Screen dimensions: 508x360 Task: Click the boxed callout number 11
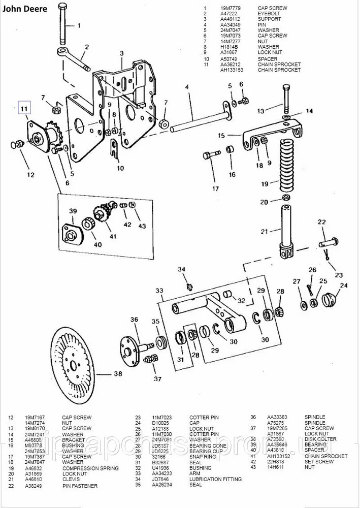coord(23,108)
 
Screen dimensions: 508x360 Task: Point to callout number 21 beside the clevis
coord(264,231)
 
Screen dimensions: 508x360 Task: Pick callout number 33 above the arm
coord(159,291)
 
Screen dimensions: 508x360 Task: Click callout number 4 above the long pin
coord(187,87)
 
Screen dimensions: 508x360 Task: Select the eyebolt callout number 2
coord(87,47)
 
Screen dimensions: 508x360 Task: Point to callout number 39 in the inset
coord(73,211)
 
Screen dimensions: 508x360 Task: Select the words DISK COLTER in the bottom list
coord(320,439)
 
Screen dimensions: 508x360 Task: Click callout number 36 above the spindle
coord(134,320)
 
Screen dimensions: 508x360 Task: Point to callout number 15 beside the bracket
coord(221,136)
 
